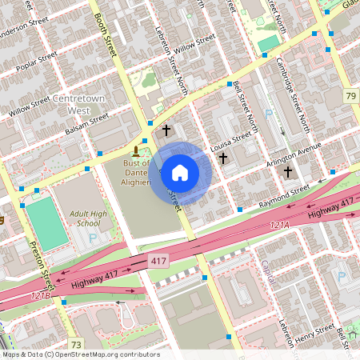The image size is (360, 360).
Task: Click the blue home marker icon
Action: tap(180, 173)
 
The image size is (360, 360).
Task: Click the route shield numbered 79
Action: tap(350, 96)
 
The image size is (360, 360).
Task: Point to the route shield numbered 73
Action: tap(76, 345)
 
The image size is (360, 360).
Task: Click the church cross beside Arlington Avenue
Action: tap(287, 171)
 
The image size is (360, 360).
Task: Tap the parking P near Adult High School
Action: tap(94, 238)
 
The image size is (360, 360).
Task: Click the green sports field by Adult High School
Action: tap(46, 225)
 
